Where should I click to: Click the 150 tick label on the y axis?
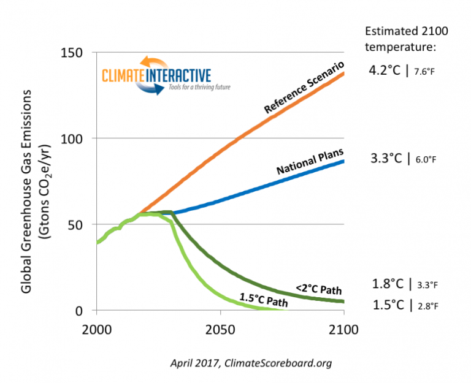coord(74,53)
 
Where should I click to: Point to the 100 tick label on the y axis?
coord(74,138)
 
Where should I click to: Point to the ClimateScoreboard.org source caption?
coord(251,363)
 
